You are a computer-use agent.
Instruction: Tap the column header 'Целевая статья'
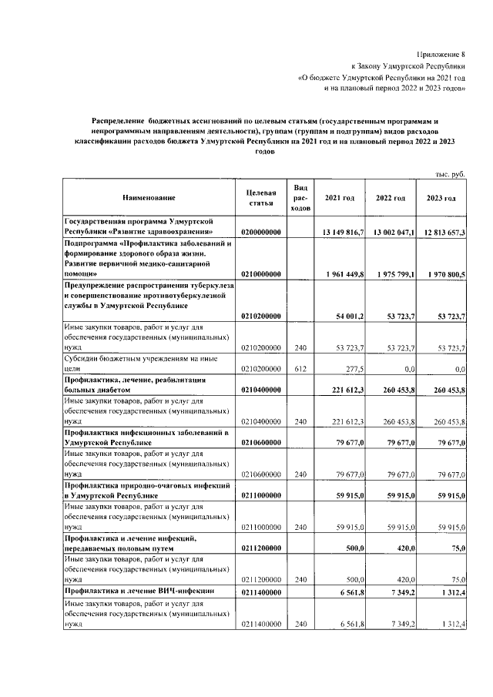[261, 198]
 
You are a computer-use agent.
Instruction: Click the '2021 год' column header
[340, 199]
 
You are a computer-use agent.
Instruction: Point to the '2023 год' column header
[441, 199]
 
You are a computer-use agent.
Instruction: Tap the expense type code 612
[301, 370]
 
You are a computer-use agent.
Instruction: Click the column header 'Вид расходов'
[301, 198]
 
